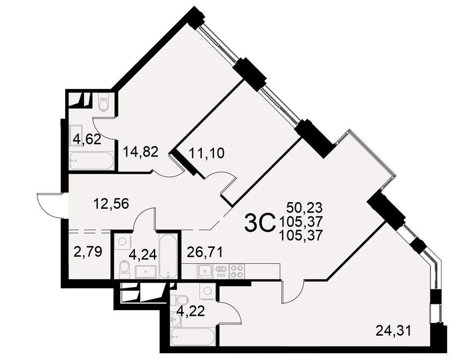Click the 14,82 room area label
(x=140, y=152)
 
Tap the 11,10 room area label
(x=207, y=153)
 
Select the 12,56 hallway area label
(x=111, y=204)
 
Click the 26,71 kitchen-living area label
(x=205, y=252)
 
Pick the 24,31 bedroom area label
(x=393, y=331)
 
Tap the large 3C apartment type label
(x=260, y=224)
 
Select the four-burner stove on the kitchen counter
(x=237, y=271)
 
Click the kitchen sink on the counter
(x=204, y=271)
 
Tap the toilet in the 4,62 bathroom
(x=103, y=102)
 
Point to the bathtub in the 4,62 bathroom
(x=92, y=161)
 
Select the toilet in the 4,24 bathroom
(x=124, y=268)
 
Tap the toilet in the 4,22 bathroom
(x=180, y=300)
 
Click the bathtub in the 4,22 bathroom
(x=193, y=337)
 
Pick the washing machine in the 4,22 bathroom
(x=207, y=291)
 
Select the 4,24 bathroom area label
(x=143, y=255)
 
